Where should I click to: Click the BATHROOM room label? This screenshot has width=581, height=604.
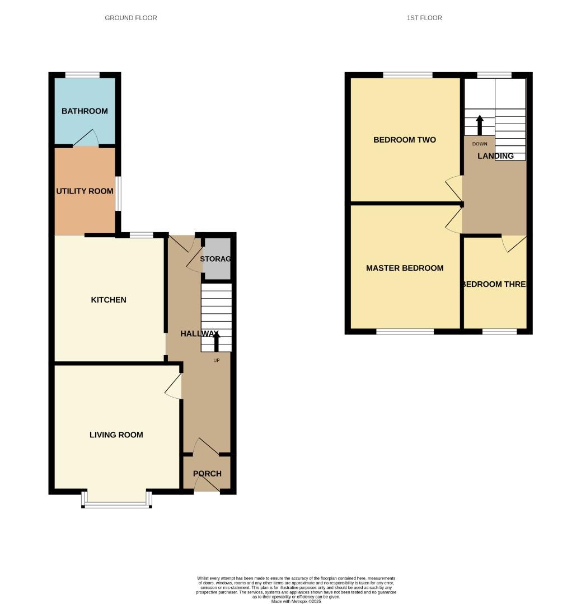click(x=85, y=111)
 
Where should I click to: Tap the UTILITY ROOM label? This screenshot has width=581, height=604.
click(x=85, y=191)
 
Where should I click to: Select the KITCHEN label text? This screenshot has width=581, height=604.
click(x=109, y=300)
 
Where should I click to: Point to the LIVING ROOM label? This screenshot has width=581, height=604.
click(x=116, y=435)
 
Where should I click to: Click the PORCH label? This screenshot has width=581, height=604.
click(x=207, y=474)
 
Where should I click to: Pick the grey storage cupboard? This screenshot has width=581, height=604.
click(x=217, y=259)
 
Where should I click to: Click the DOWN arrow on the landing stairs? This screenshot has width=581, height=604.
click(x=480, y=124)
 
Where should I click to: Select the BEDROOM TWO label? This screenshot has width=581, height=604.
click(x=405, y=140)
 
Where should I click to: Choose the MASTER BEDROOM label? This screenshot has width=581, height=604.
click(x=405, y=268)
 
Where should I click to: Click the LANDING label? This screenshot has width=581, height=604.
click(x=495, y=156)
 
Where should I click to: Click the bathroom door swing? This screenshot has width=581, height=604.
click(x=87, y=138)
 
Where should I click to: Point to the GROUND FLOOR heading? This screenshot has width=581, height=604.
click(x=131, y=18)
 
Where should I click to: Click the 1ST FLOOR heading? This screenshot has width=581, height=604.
click(x=424, y=18)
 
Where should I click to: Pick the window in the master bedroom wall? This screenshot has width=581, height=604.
click(x=405, y=332)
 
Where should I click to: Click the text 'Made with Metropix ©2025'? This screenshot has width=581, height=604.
click(x=296, y=601)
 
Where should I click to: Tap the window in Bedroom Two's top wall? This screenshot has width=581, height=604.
click(x=407, y=75)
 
